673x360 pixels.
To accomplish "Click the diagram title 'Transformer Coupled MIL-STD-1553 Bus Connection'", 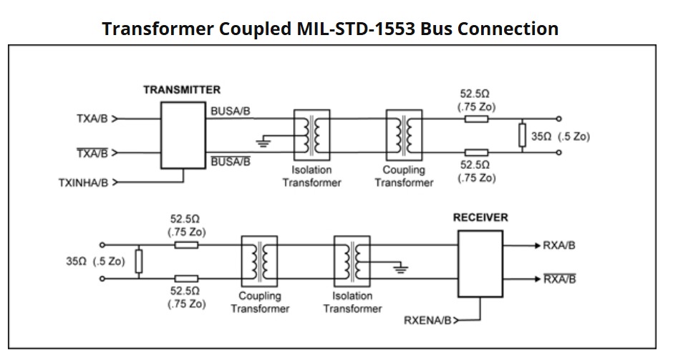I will [x=330, y=29].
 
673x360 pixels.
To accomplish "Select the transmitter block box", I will [x=183, y=135].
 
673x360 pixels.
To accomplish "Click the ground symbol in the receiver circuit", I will [x=402, y=270].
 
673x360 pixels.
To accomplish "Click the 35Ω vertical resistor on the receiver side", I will [x=139, y=262].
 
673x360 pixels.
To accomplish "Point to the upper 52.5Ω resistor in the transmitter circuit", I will [x=476, y=119].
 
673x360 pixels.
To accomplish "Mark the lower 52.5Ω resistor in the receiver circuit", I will [x=186, y=279].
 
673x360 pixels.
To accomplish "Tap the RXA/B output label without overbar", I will [x=559, y=245].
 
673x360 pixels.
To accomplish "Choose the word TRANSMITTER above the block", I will [x=182, y=90].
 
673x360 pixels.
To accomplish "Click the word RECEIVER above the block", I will [x=480, y=218].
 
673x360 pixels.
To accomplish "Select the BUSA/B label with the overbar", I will [x=231, y=162].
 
